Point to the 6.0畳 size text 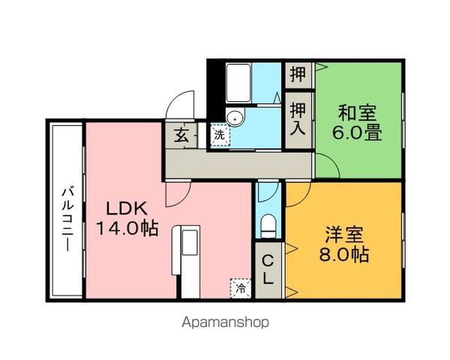[358, 135]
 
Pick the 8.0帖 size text [345, 255]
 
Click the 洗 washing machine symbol [219, 136]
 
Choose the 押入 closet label [297, 118]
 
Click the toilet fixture [267, 225]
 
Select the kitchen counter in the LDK [188, 259]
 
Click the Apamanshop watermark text [225, 322]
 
